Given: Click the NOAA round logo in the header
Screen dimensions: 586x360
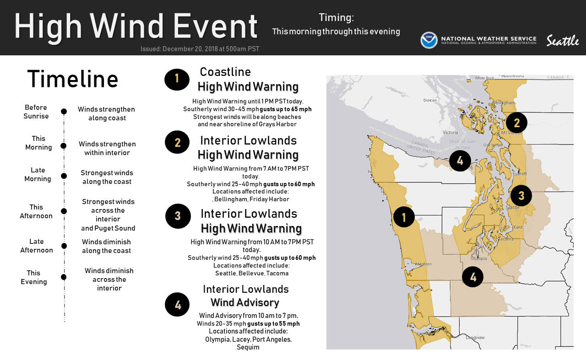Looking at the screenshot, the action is tap(429, 40).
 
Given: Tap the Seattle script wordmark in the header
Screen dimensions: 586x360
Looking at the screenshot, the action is tap(563, 41).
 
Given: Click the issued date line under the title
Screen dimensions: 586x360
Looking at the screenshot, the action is tap(200, 49).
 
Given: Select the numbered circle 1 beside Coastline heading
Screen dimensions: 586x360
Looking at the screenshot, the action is tap(177, 80).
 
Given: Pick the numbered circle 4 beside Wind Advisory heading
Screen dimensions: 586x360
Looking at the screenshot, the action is tap(177, 304).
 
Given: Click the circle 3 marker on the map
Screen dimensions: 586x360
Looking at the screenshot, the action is tap(521, 196).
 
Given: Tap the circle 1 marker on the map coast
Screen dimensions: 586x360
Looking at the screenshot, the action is tap(404, 217).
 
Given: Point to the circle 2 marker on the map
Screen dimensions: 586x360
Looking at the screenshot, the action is tap(516, 123).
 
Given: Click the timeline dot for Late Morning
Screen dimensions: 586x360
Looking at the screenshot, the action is tap(64, 176).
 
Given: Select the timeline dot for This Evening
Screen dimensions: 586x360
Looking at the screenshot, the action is tap(64, 277).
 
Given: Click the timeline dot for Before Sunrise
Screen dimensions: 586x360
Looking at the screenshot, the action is tap(64, 111).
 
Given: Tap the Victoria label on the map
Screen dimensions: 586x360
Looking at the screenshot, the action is tap(450, 133).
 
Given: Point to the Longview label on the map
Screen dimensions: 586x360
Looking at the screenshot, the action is tap(475, 338).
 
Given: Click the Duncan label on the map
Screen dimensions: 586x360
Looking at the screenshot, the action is tap(430, 100).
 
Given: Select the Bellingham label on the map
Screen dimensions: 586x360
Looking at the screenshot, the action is tap(504, 103).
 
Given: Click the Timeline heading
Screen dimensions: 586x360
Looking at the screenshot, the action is tap(73, 79).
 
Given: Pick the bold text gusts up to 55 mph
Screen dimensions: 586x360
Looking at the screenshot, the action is tap(273, 323).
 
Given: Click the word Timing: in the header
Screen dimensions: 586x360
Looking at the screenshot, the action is tap(336, 18).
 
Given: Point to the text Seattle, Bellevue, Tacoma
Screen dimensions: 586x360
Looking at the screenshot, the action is tap(252, 273).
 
